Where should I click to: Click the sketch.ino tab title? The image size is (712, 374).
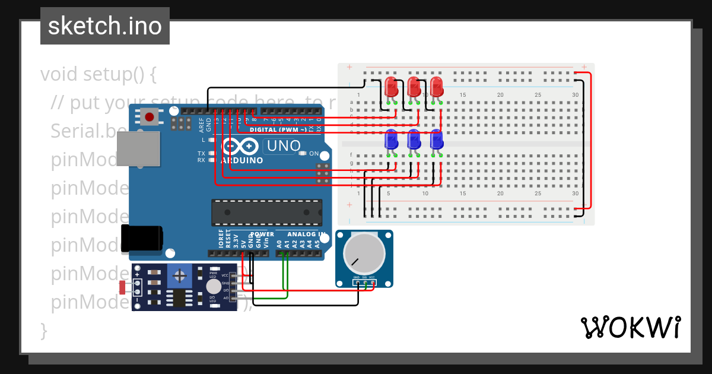104,26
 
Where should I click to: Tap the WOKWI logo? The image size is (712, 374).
630,327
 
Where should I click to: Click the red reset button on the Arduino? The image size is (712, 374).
150,117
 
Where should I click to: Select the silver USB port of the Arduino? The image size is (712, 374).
138,148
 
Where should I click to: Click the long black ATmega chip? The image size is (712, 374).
267,213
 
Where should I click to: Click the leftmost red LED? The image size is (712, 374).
391,87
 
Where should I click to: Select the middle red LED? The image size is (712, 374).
414,87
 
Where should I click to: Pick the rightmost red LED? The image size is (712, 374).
436,87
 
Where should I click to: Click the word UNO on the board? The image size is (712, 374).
284,145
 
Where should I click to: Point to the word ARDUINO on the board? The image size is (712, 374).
242,160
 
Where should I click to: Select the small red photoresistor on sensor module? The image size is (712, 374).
123,288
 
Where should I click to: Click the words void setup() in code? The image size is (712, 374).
98,75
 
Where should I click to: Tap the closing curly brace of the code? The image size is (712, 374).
43,329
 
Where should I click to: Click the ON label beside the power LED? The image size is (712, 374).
314,154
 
